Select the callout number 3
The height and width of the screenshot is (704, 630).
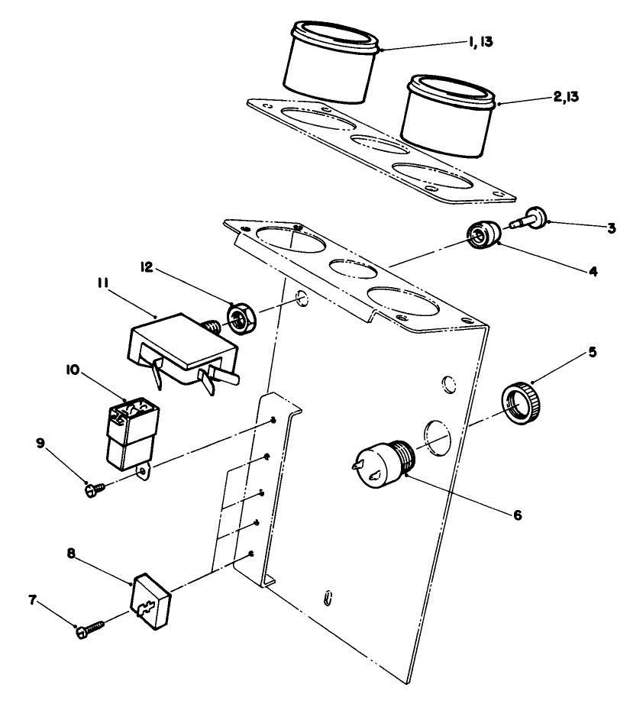click(612, 228)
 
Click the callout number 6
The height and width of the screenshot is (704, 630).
click(517, 515)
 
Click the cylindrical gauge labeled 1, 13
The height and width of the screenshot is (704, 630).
click(332, 65)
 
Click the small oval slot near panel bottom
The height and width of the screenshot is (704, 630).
click(328, 596)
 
